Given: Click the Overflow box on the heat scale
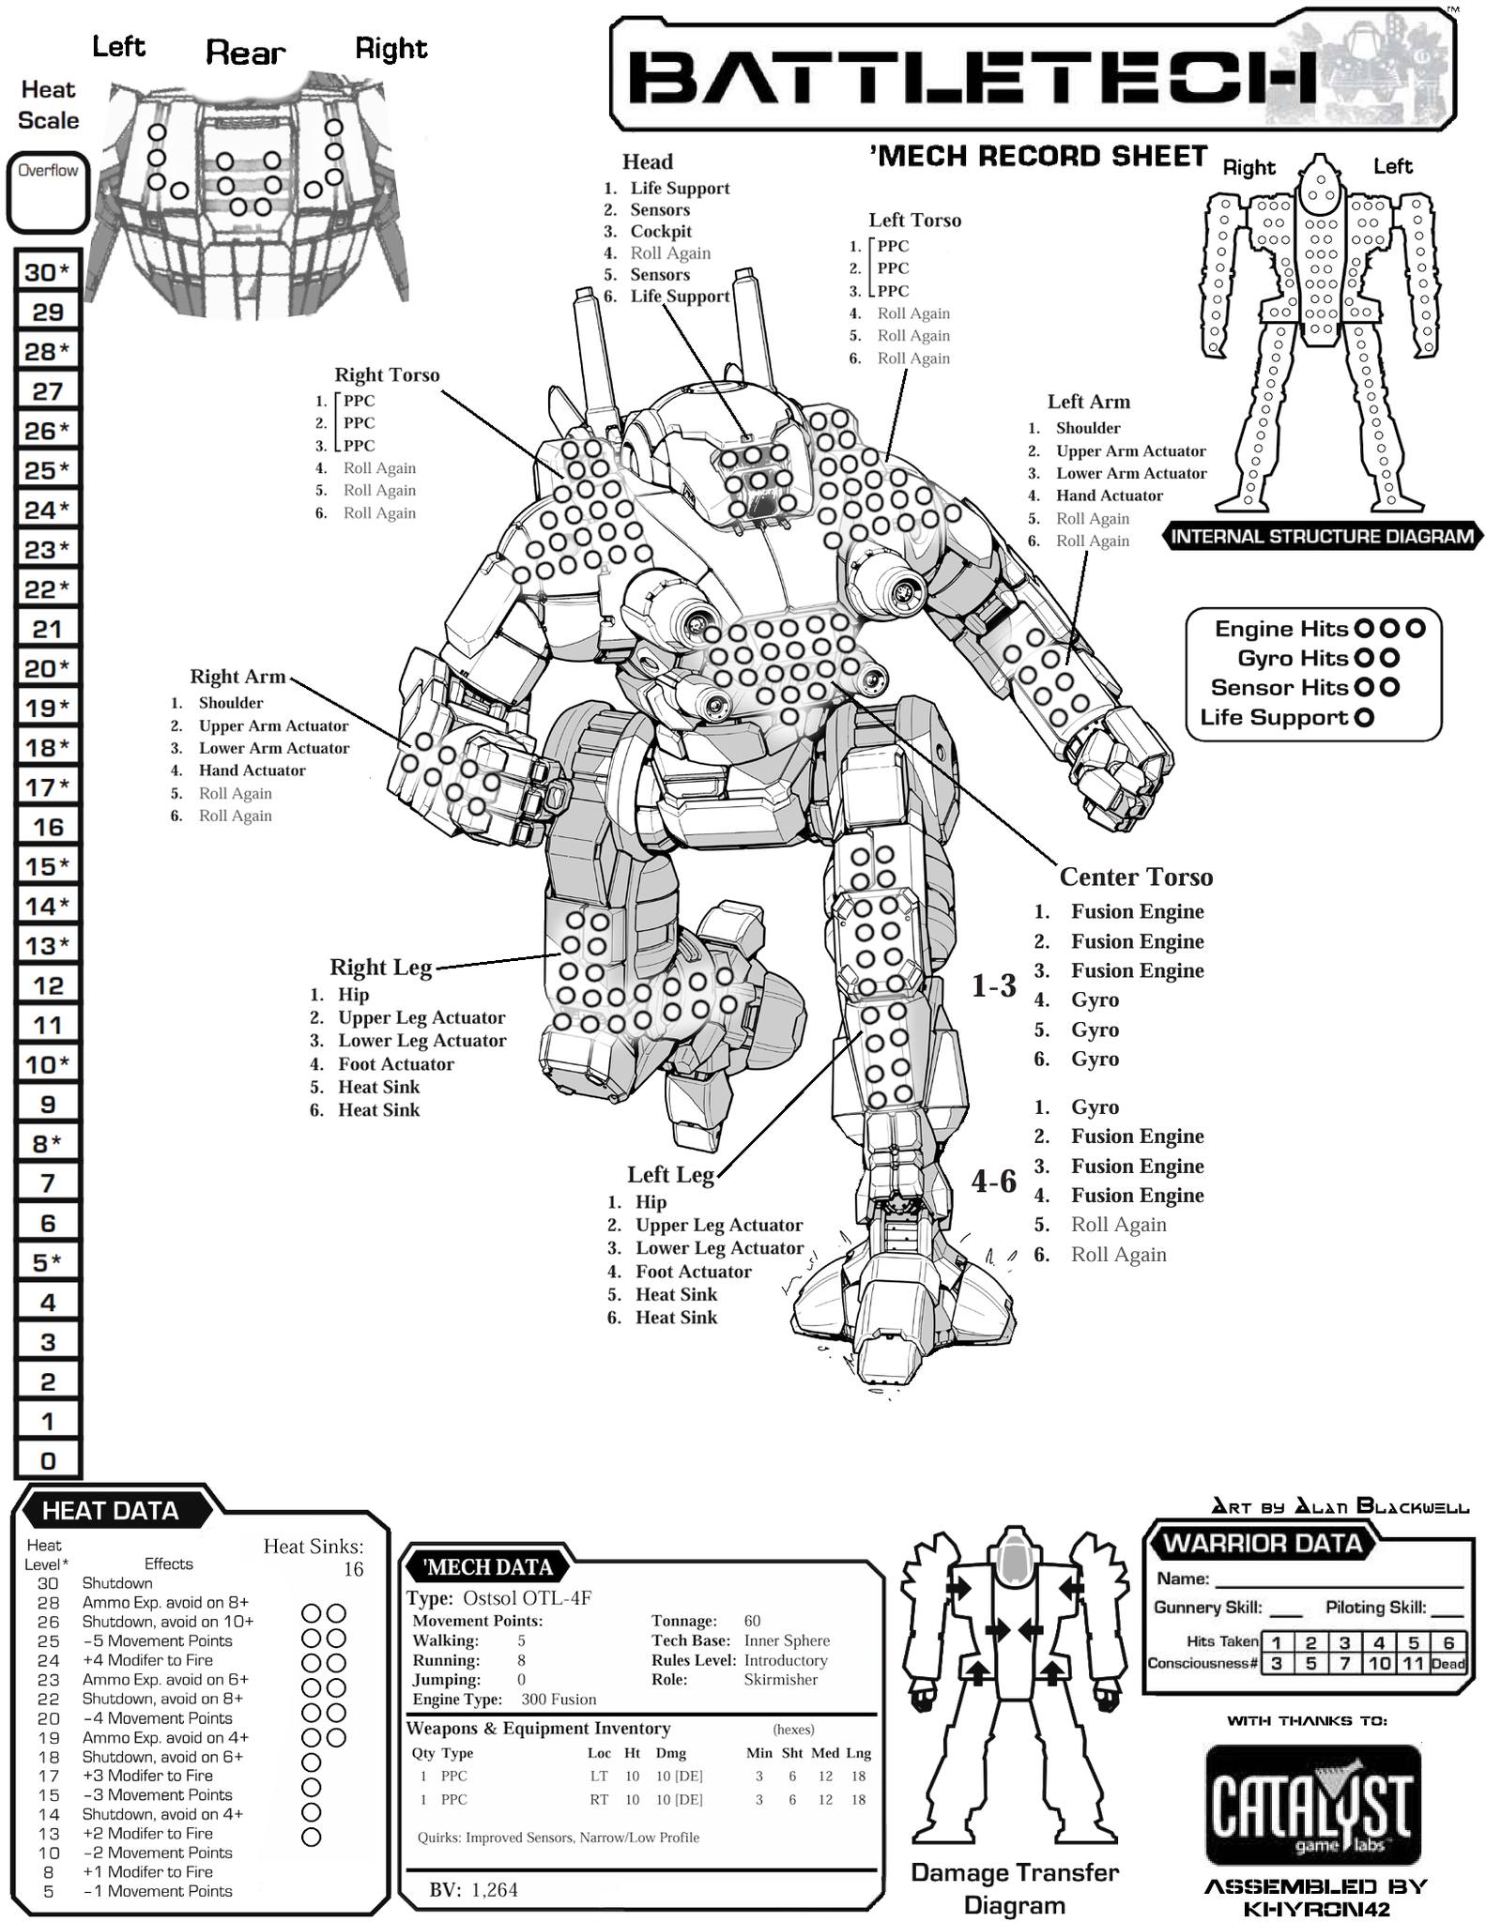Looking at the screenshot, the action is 48,193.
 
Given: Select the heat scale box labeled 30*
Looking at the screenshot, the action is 48,272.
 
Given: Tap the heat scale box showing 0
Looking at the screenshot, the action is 48,1460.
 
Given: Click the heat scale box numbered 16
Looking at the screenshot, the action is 48,827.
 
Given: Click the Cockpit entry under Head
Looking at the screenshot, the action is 661,231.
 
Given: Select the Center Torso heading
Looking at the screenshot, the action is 1136,877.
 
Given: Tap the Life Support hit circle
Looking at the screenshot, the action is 1365,718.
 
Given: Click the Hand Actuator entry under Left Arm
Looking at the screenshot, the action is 1109,496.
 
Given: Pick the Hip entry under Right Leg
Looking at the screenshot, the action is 354,995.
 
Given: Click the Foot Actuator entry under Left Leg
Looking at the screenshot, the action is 693,1272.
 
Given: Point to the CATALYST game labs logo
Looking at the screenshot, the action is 1312,1805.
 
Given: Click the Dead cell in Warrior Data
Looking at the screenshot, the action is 1448,1664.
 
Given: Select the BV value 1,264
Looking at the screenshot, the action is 495,1890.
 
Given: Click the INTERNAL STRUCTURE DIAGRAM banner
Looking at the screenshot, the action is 1323,537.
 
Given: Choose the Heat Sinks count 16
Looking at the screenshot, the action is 353,1568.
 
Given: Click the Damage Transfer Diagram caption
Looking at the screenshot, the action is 1015,1889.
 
